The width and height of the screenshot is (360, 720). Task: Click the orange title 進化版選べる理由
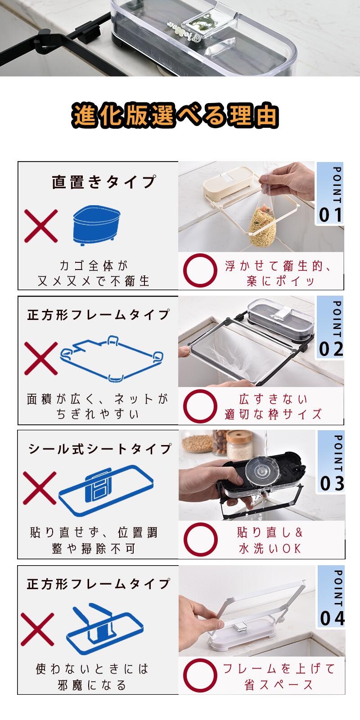click(x=175, y=115)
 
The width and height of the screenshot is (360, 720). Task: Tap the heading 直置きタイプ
click(x=104, y=182)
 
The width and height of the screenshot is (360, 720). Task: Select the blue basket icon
click(x=96, y=225)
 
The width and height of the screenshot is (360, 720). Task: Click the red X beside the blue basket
click(x=41, y=225)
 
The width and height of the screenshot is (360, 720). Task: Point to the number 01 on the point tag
click(x=330, y=215)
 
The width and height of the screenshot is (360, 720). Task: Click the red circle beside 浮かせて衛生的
click(x=200, y=270)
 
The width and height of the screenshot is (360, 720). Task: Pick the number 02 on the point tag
click(x=331, y=349)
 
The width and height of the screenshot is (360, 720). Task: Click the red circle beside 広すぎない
click(x=200, y=406)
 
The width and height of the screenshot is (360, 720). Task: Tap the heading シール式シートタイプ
click(x=99, y=449)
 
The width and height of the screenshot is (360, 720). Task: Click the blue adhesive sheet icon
click(x=106, y=490)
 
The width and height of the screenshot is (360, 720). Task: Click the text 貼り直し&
click(x=270, y=532)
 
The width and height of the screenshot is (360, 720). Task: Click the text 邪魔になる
click(x=92, y=685)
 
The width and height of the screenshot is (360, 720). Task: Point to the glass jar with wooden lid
click(x=239, y=445)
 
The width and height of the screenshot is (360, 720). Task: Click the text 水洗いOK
click(x=270, y=549)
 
